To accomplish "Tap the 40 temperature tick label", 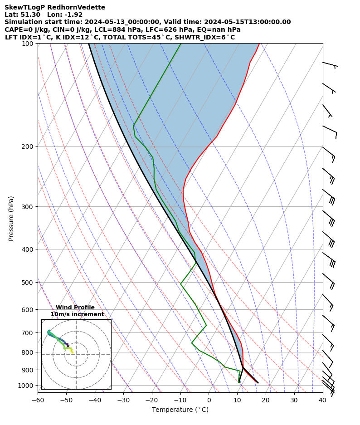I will tap(322, 401).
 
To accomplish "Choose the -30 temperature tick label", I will tap(123, 401).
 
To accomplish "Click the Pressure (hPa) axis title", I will tap(11, 218).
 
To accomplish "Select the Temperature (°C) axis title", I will tap(180, 410).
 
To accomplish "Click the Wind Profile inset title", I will tap(75, 308).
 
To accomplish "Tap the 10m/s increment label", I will tap(77, 314).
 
